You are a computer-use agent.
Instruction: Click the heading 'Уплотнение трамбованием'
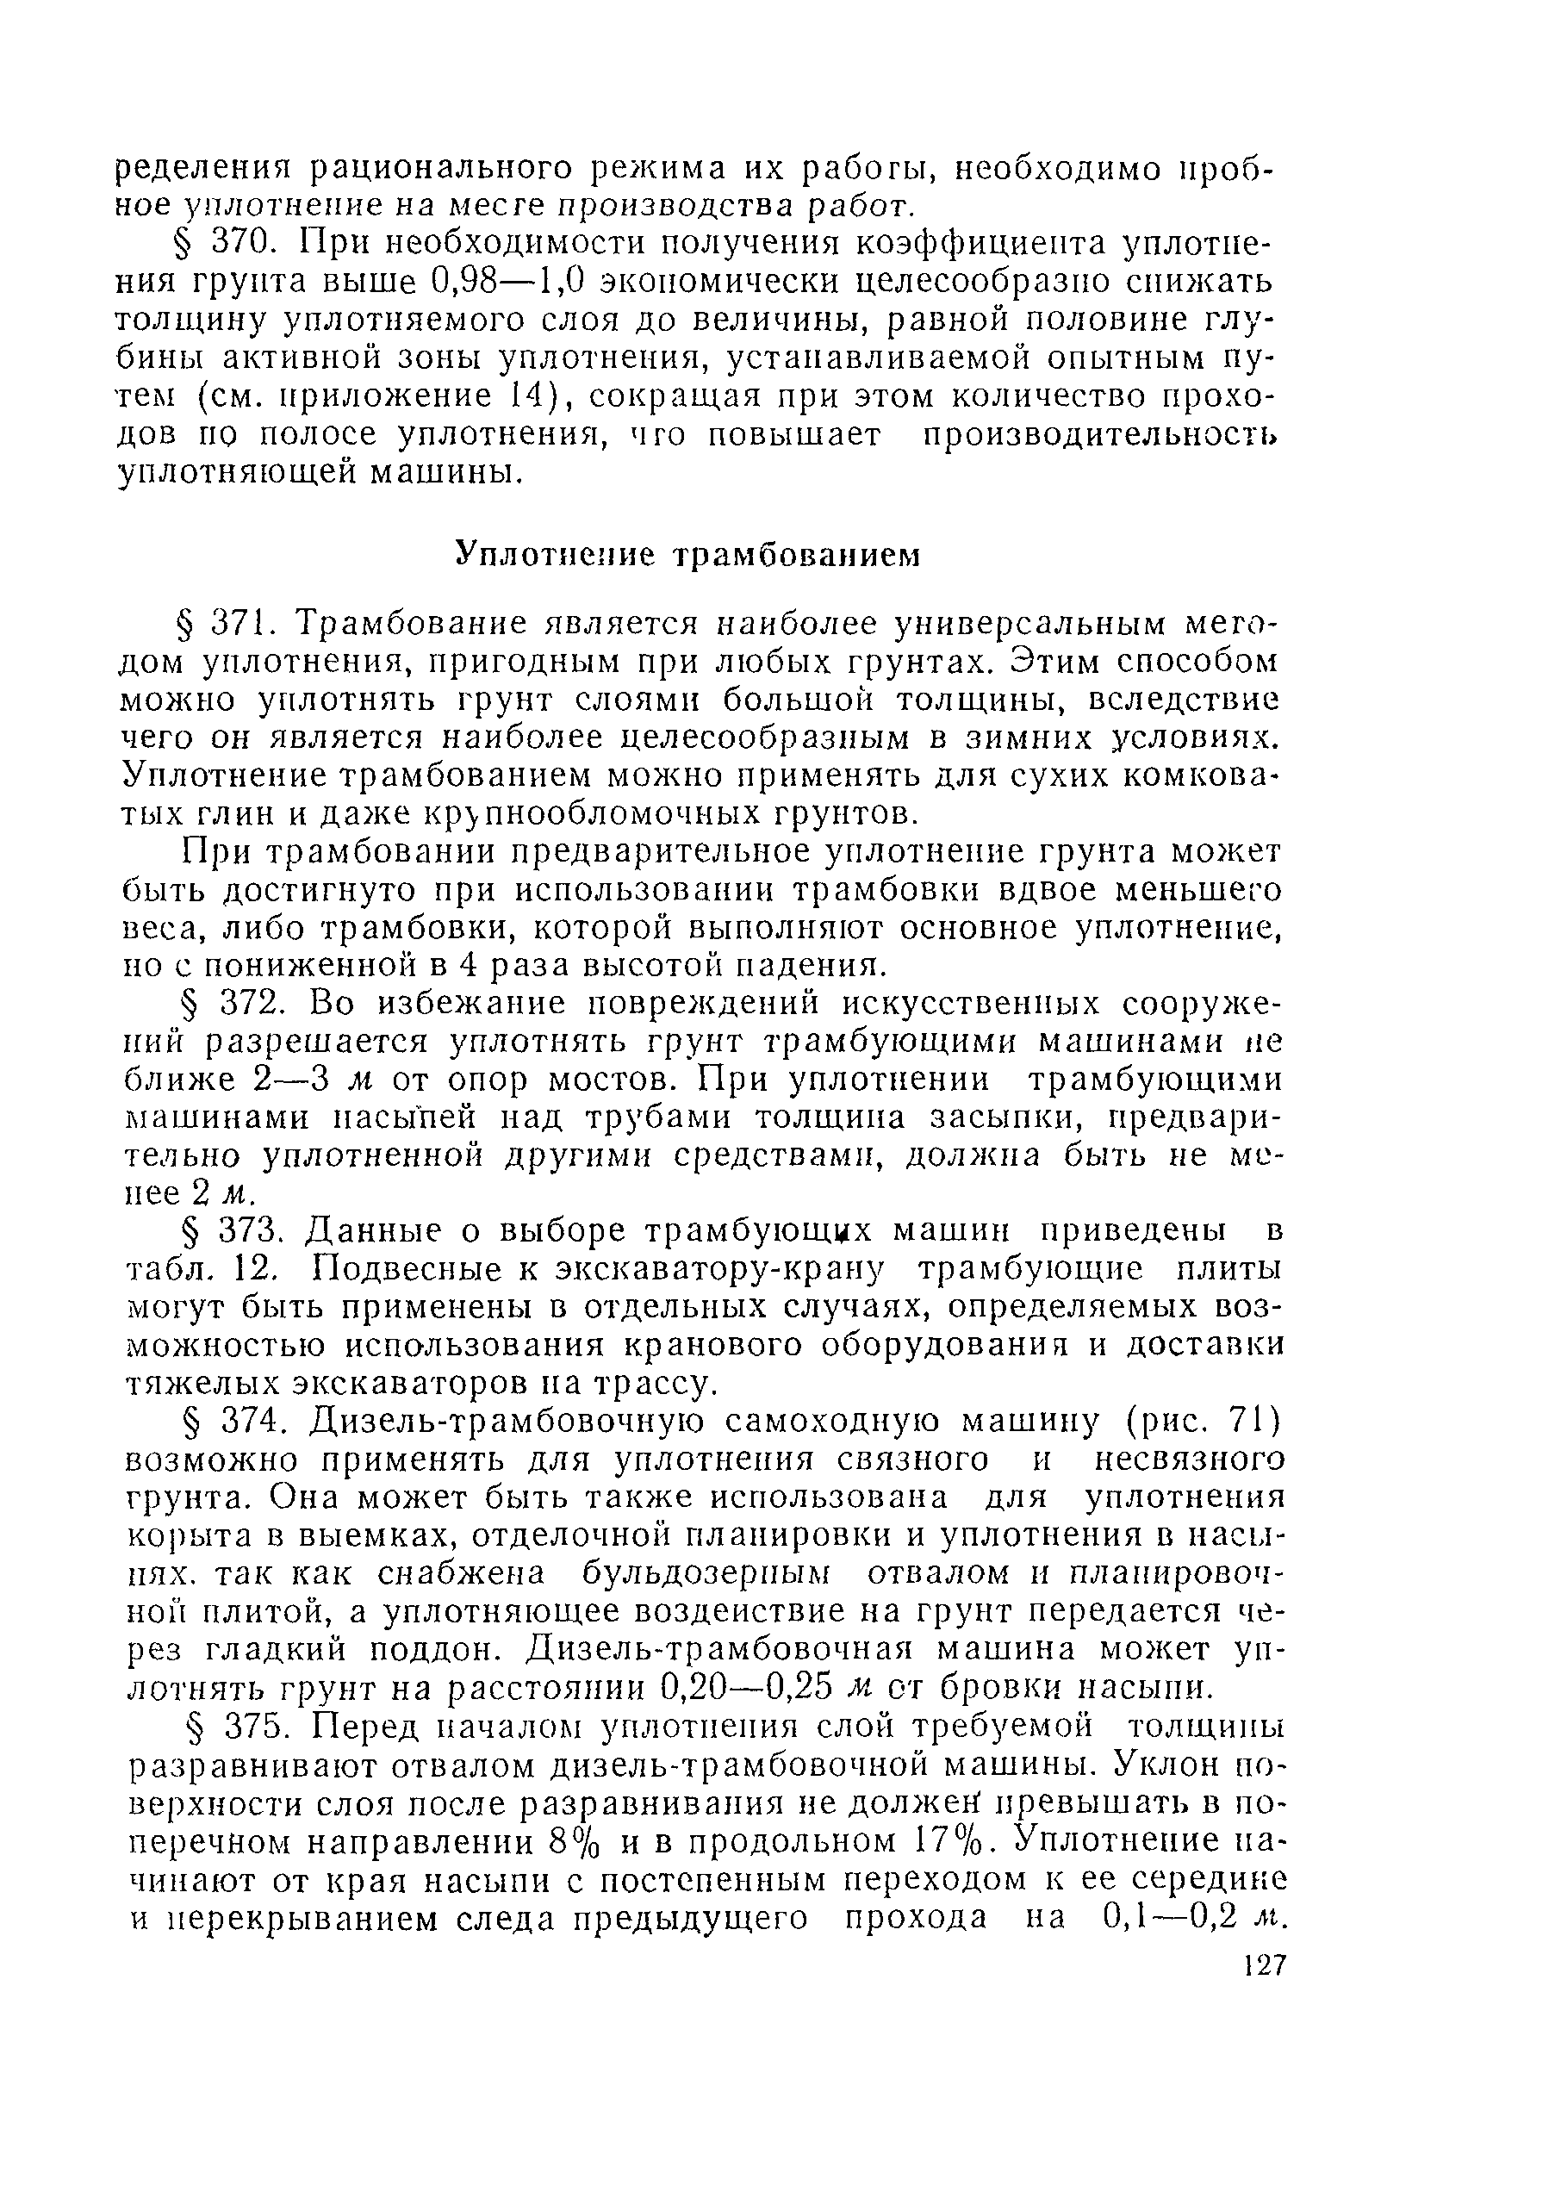pos(686,554)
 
